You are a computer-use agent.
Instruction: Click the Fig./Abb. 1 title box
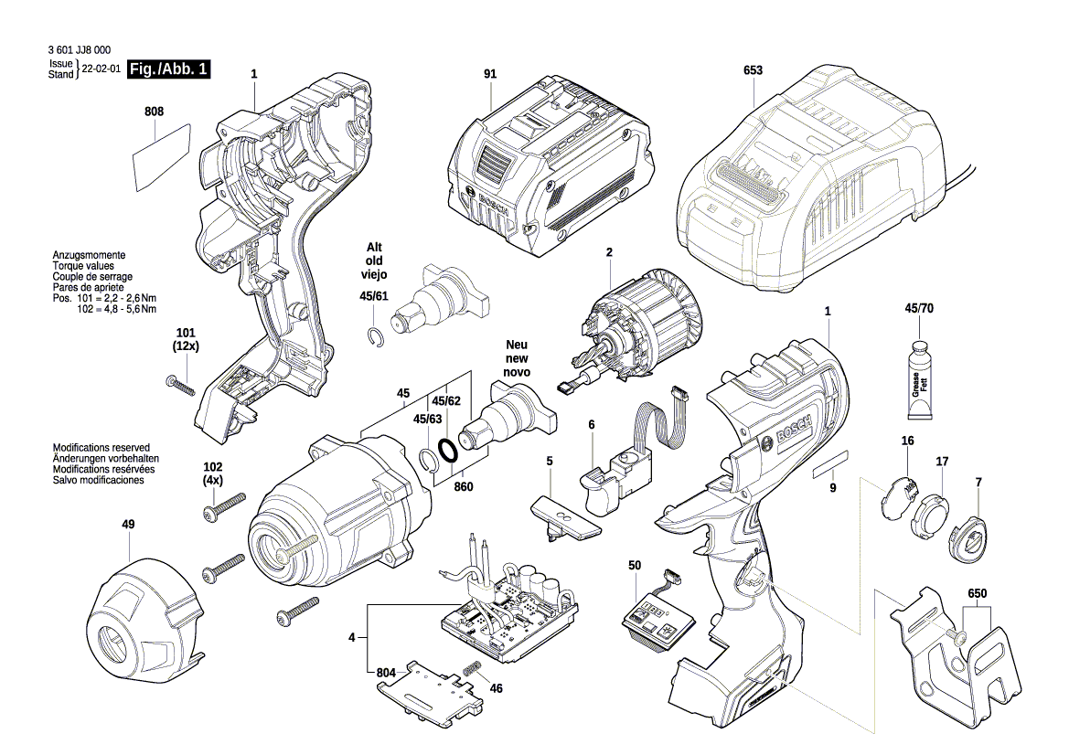[169, 69]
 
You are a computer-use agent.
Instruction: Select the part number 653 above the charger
[753, 70]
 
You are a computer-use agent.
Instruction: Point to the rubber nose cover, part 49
[147, 612]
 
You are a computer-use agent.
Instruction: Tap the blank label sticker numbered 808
[161, 157]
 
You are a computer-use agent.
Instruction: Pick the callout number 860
[463, 487]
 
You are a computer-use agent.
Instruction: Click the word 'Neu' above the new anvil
[518, 346]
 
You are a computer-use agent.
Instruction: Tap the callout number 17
[941, 463]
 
